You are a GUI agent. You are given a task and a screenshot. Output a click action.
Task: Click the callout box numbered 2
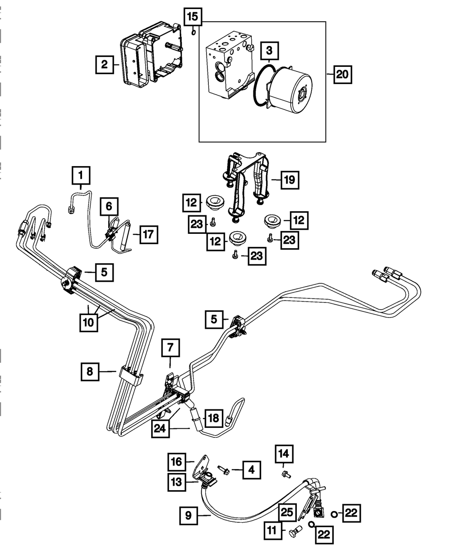click(104, 65)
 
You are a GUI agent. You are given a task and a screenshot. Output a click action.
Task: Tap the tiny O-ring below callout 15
click(193, 32)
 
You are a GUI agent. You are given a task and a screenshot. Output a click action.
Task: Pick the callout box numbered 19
click(289, 180)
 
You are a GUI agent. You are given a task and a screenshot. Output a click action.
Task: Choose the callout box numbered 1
click(81, 175)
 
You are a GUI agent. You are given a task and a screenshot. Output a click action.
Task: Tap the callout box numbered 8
click(90, 372)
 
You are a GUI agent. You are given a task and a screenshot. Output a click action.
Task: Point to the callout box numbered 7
click(170, 348)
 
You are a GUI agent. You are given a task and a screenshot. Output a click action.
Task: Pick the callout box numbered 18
click(214, 418)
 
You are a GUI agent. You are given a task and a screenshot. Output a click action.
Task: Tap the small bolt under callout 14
click(285, 474)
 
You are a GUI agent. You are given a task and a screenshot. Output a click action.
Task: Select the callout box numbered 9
click(188, 515)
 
